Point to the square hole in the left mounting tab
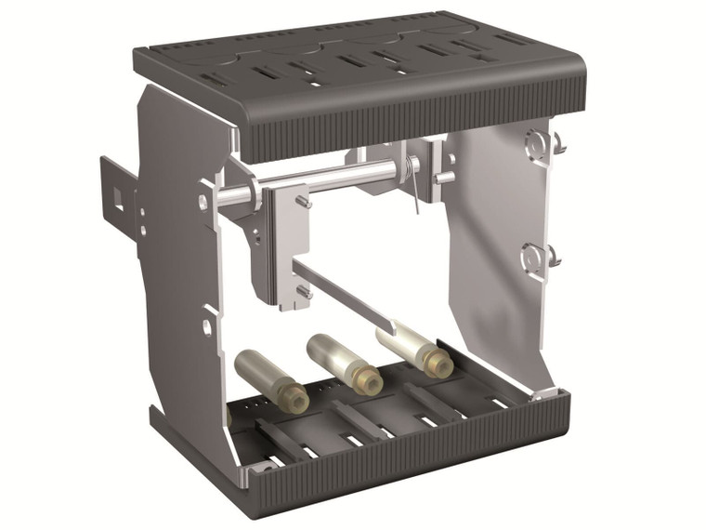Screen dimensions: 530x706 119,196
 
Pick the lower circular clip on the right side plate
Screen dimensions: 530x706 534,256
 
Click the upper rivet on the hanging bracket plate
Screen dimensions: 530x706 304,200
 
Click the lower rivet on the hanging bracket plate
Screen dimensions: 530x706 303,291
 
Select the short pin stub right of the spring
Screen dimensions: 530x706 445,177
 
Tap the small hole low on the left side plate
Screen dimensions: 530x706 206,326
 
